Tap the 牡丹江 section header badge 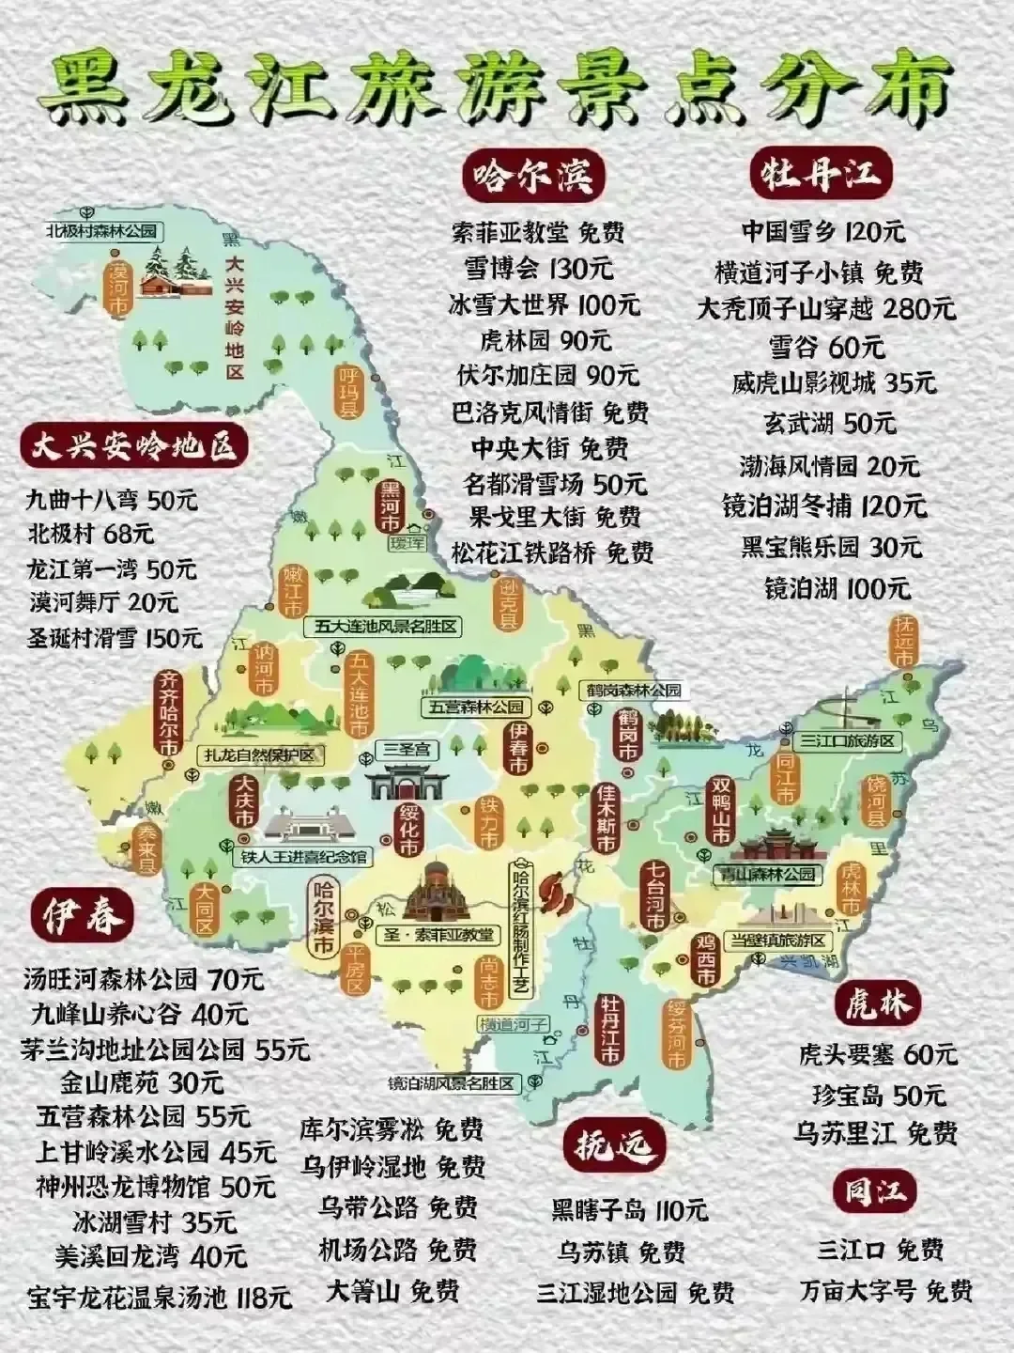pyautogui.click(x=821, y=175)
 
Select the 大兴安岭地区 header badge pyautogui.click(x=134, y=447)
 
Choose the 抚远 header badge pyautogui.click(x=615, y=1145)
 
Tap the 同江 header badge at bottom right pyautogui.click(x=874, y=1192)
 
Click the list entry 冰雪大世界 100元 pyautogui.click(x=545, y=304)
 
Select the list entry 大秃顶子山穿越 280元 pyautogui.click(x=825, y=308)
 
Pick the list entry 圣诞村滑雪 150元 pyautogui.click(x=114, y=638)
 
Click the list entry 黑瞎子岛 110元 pyautogui.click(x=629, y=1209)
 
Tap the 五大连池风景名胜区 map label pyautogui.click(x=386, y=626)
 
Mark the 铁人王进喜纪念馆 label pyautogui.click(x=305, y=857)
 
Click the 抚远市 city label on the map pyautogui.click(x=903, y=643)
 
